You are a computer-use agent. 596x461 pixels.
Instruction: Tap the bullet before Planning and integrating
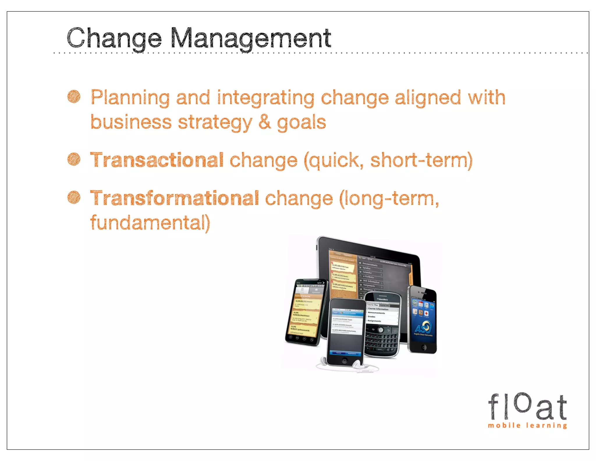74,97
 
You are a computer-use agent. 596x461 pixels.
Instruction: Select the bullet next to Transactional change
74,159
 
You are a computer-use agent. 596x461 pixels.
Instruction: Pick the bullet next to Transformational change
74,198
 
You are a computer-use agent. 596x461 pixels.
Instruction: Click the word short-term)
421,160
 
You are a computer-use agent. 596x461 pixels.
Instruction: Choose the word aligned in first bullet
428,98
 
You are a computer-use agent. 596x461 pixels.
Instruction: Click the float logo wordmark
527,406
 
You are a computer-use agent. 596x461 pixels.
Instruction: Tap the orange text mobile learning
527,425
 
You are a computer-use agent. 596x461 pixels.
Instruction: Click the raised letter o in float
522,402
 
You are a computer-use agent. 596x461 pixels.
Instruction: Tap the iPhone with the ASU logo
423,319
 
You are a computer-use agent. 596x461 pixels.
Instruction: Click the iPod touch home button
345,361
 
